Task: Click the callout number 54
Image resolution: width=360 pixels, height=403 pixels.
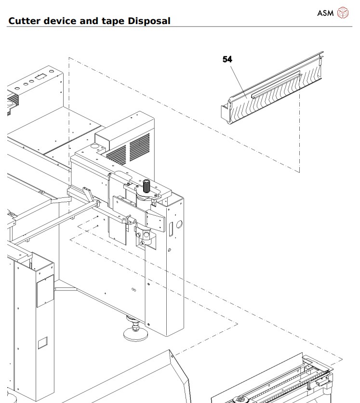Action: [227, 59]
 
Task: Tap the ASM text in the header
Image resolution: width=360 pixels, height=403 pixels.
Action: [325, 13]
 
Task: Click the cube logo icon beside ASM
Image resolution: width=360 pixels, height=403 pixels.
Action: [342, 13]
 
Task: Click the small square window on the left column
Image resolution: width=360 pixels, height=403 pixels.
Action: [43, 342]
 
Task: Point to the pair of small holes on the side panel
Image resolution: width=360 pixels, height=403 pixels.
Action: [133, 290]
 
